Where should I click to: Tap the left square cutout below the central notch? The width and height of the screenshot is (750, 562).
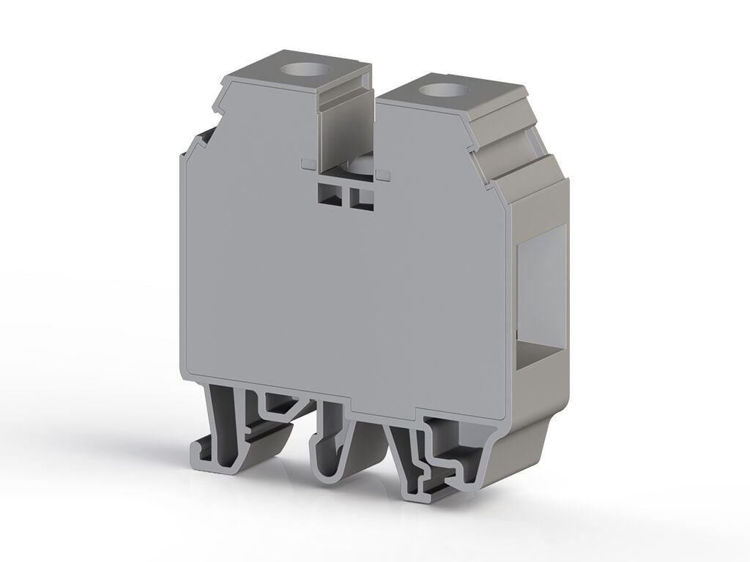tap(330, 195)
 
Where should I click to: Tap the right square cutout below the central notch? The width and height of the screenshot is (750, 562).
tap(361, 198)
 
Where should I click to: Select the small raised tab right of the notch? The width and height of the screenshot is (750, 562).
tap(382, 174)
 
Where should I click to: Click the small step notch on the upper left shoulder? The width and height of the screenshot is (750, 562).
tap(218, 108)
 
